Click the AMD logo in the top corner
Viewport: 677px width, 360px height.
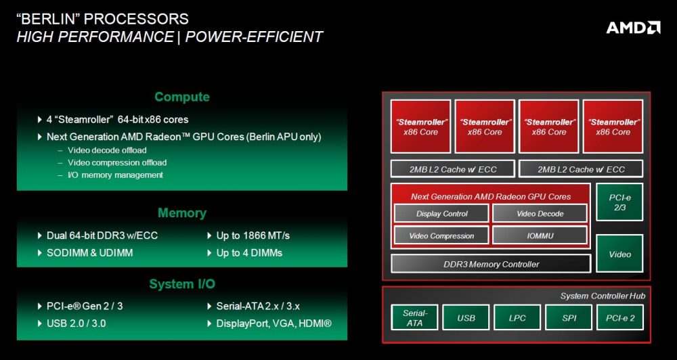click(633, 28)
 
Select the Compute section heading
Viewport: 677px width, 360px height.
click(181, 97)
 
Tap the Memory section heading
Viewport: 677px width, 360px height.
click(181, 213)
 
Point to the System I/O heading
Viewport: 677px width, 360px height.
click(181, 284)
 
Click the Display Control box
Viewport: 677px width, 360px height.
click(441, 214)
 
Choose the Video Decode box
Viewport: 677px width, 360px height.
click(540, 214)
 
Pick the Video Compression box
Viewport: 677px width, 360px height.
click(441, 235)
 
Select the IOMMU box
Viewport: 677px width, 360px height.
click(540, 235)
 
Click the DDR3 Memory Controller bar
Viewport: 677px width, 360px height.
click(490, 264)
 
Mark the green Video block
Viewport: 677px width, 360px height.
click(619, 254)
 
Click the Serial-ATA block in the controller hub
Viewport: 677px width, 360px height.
click(415, 317)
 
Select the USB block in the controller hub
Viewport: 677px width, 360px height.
click(466, 317)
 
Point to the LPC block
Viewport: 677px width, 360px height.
click(518, 317)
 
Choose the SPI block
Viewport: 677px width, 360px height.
click(569, 317)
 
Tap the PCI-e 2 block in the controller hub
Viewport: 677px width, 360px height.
click(619, 317)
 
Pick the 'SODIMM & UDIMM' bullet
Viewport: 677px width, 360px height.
click(90, 252)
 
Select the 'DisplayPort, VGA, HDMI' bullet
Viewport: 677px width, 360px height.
click(274, 323)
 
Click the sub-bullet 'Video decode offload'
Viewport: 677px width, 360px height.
click(107, 150)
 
